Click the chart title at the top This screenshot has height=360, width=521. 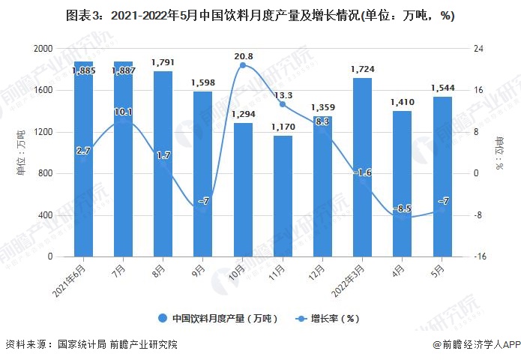tap(260, 16)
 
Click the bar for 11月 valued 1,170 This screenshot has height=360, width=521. tap(283, 196)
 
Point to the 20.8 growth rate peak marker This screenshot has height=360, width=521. tap(243, 66)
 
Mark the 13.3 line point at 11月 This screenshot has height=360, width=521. tap(283, 104)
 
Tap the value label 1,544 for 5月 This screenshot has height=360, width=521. tap(442, 88)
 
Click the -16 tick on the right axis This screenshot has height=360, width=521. tap(479, 257)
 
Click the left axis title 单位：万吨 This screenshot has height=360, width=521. tap(20, 154)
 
